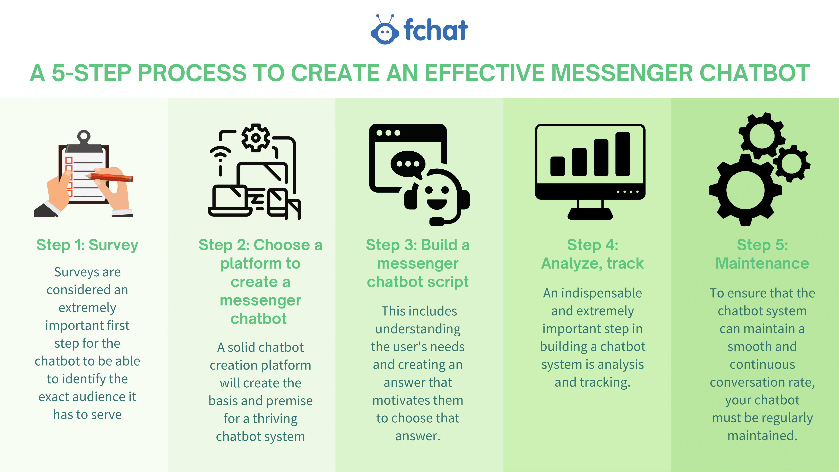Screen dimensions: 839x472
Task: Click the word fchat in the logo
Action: [x=435, y=30]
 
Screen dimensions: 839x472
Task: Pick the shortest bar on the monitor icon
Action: [x=558, y=166]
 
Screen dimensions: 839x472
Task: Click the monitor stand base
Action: [x=590, y=214]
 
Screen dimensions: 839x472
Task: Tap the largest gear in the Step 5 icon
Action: [x=745, y=190]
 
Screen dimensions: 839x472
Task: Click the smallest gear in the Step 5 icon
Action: [x=792, y=163]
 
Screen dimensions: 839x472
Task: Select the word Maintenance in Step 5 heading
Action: [x=762, y=263]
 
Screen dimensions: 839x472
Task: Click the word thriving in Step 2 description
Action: [x=275, y=419]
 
